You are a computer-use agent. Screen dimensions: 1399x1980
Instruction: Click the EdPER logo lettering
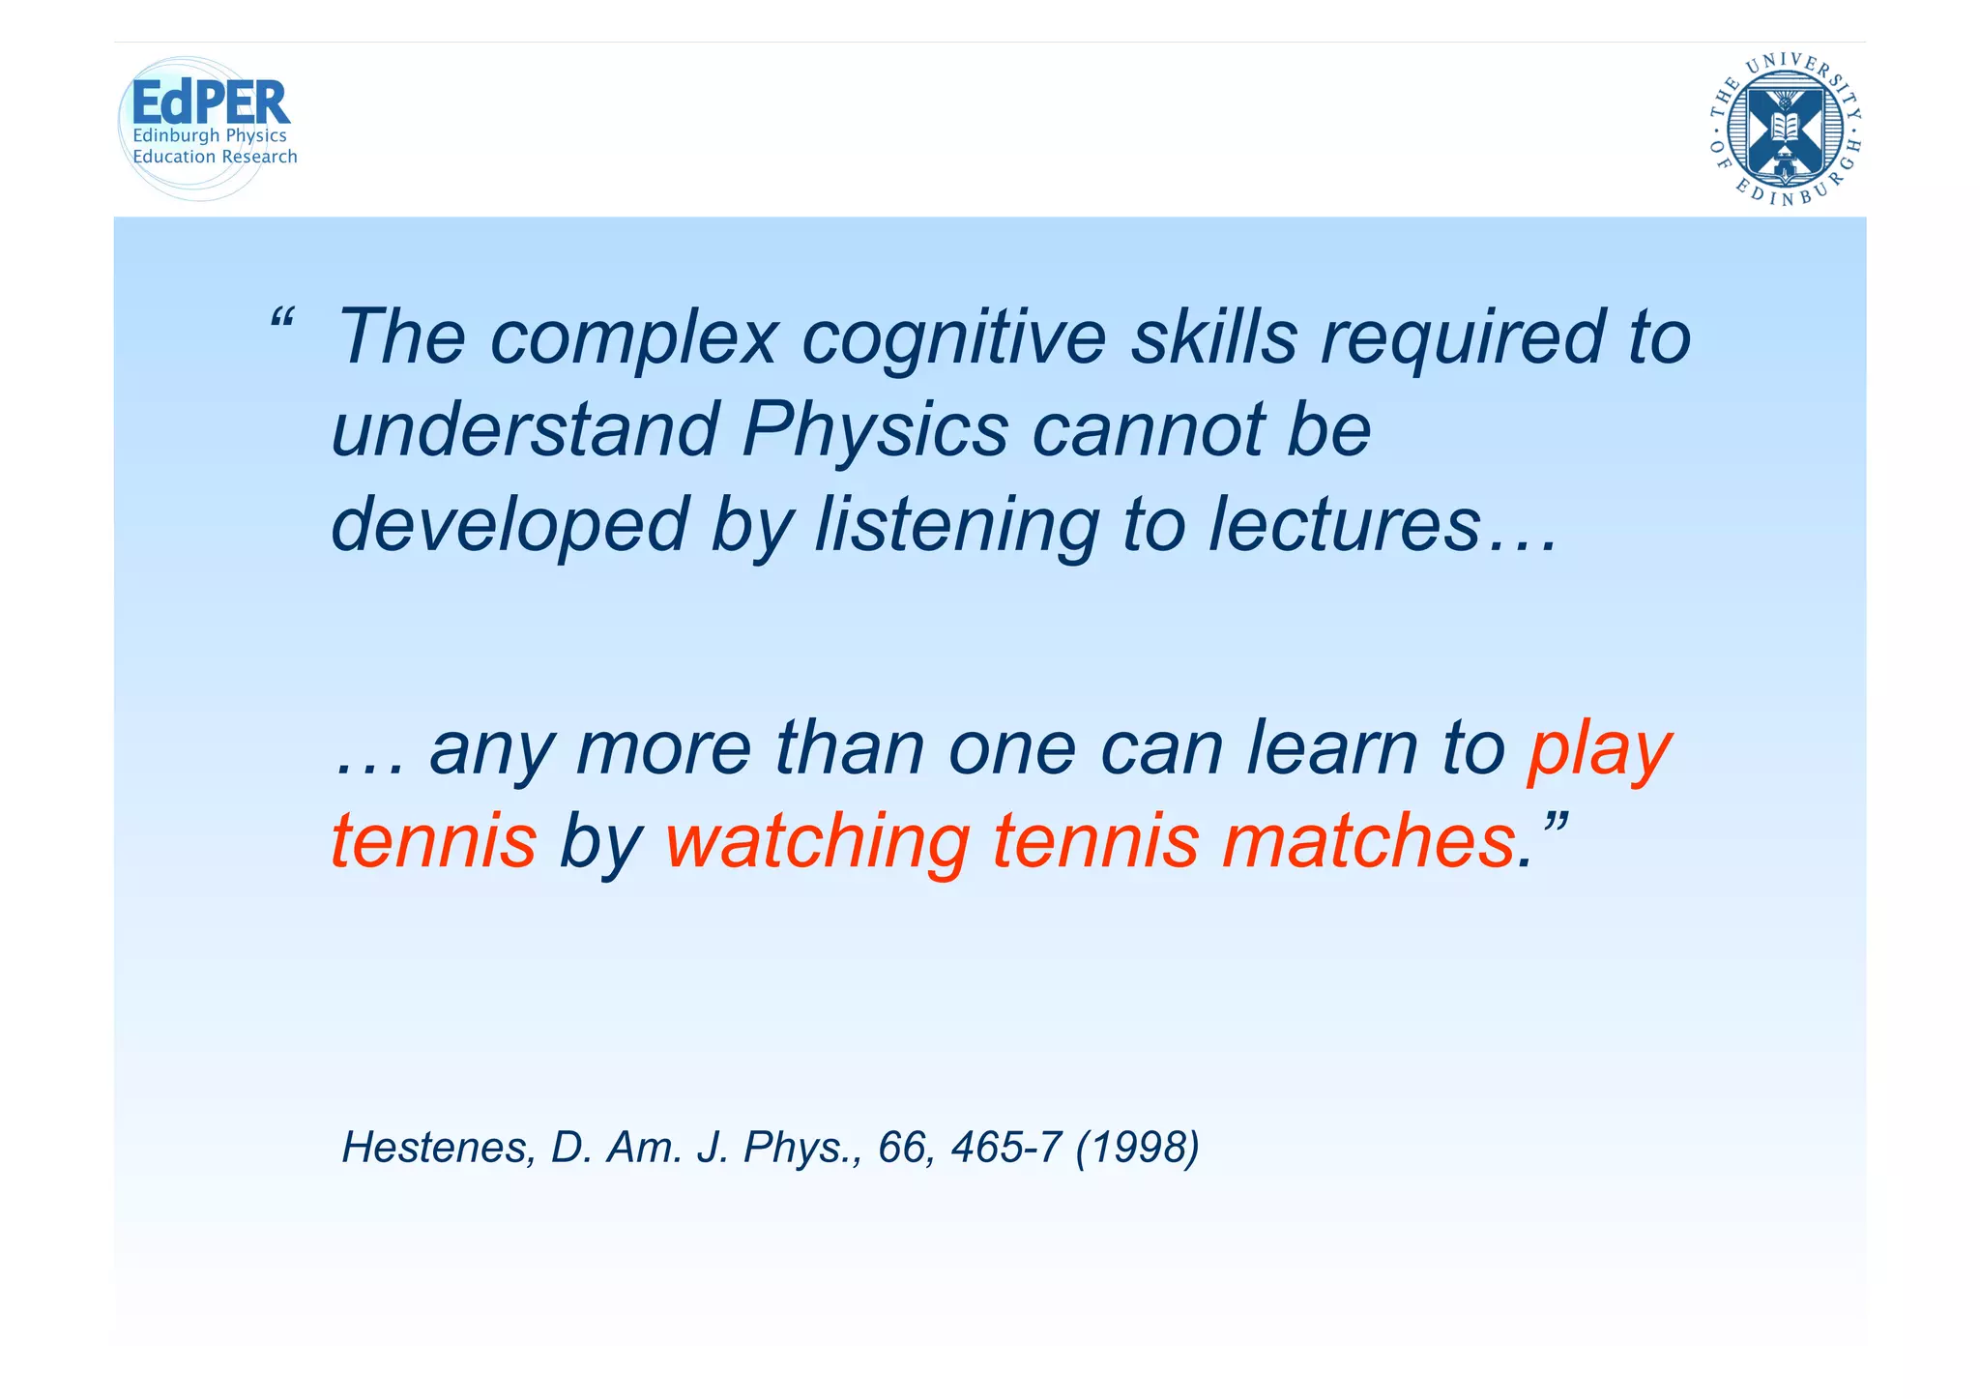point(210,102)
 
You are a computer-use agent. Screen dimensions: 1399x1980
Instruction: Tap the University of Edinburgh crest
point(1786,130)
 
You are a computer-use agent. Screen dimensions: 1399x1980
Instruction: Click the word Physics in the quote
point(875,430)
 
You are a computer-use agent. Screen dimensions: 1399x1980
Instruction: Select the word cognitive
point(954,337)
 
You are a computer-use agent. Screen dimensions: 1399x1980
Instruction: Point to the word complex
point(634,337)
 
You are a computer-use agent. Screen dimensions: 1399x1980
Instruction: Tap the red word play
point(1599,749)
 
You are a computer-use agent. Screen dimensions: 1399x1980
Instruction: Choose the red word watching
point(817,840)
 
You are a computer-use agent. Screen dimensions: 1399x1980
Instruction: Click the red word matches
point(1368,840)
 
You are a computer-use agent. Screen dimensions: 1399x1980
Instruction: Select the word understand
point(525,430)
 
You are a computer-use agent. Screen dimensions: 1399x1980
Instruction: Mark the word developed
point(509,524)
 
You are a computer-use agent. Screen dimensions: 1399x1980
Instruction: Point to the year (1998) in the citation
point(1138,1148)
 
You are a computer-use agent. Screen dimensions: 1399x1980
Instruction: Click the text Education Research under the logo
point(215,157)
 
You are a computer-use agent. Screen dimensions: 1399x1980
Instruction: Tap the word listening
point(955,524)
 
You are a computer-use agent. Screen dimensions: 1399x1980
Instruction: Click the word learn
point(1331,749)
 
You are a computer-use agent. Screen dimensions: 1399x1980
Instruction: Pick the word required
point(1462,337)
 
